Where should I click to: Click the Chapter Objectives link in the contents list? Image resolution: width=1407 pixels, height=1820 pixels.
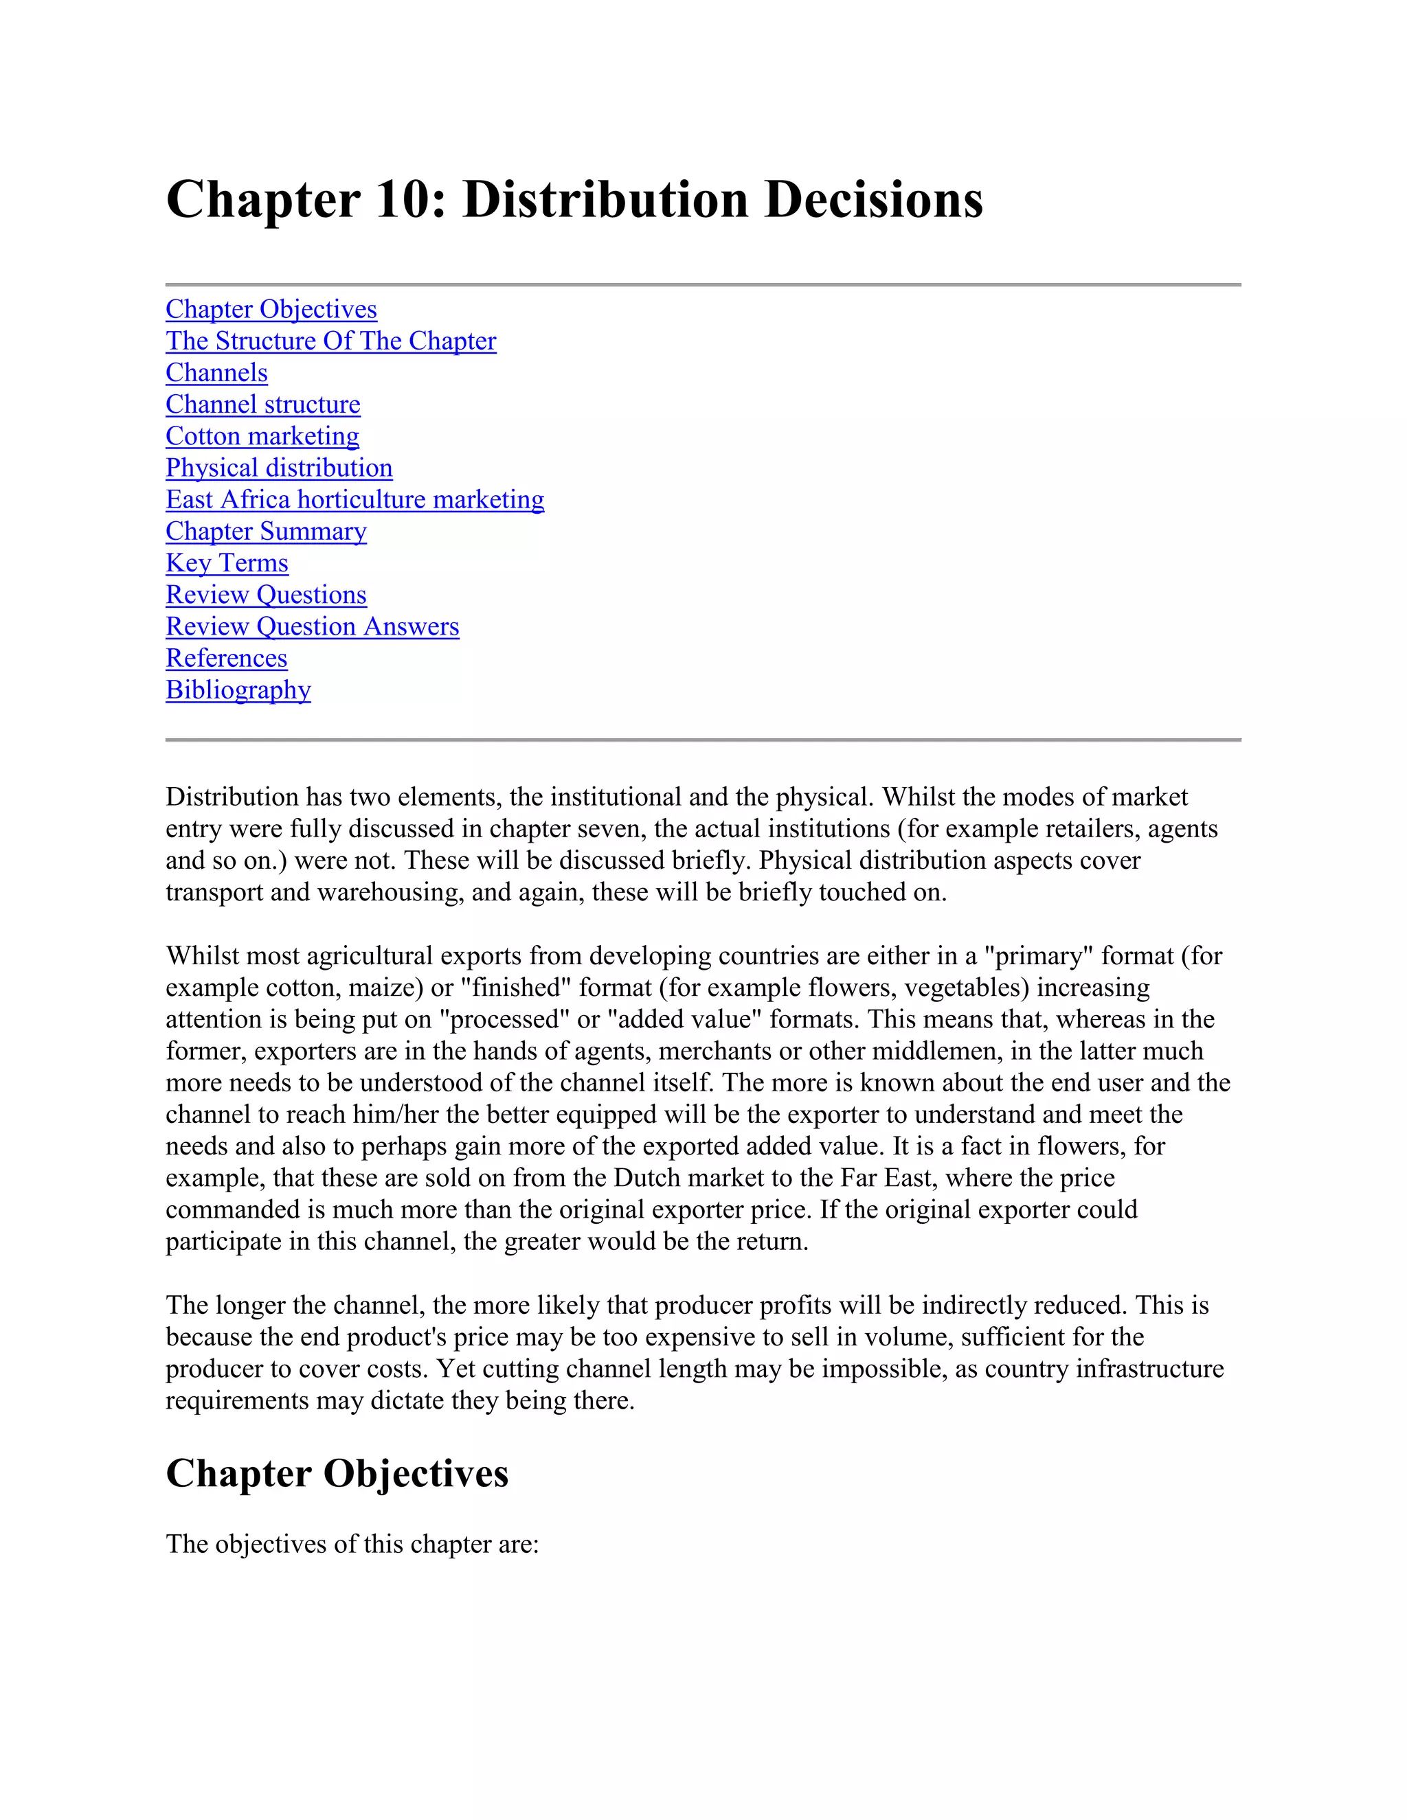pos(271,310)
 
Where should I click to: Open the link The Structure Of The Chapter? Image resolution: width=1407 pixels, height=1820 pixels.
pos(331,341)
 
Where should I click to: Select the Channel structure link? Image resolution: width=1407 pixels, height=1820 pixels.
pos(262,405)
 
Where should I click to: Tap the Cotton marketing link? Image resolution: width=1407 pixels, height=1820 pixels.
pos(262,437)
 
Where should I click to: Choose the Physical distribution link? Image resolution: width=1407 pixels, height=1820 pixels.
pos(279,468)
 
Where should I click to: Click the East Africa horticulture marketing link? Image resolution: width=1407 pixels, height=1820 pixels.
pos(355,500)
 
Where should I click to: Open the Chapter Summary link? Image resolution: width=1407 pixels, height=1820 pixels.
pos(266,532)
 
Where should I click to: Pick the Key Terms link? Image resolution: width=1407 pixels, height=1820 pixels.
pos(227,563)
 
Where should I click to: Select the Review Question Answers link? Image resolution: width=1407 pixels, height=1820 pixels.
pos(313,626)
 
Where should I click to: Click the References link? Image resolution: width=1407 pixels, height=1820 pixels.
pos(227,659)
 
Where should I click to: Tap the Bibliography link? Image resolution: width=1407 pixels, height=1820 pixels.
pos(238,690)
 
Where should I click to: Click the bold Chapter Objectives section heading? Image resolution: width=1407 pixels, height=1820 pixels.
pos(337,1473)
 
